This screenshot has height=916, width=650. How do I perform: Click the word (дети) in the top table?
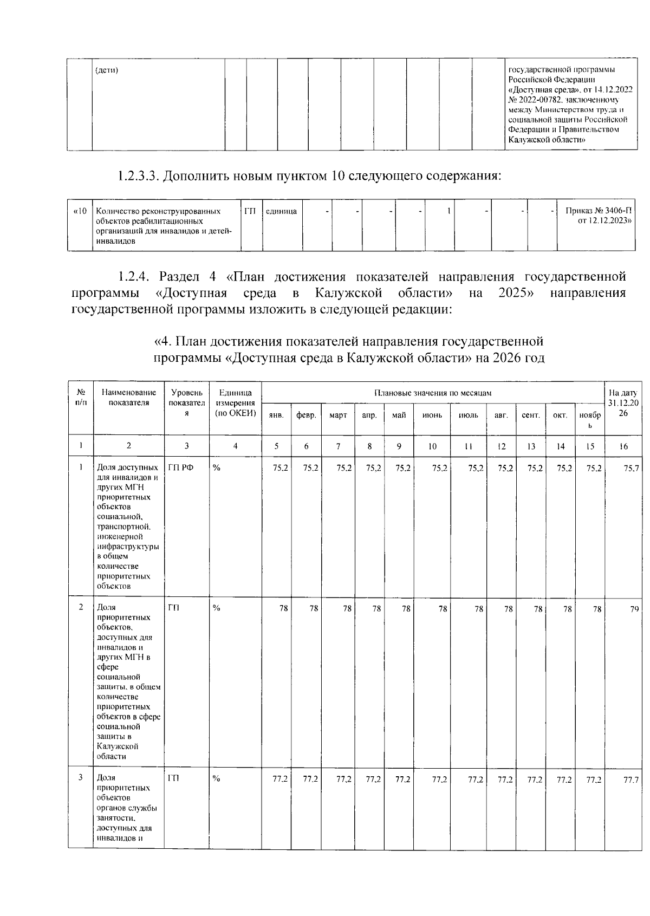pos(107,70)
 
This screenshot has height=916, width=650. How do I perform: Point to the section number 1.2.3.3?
pos(138,176)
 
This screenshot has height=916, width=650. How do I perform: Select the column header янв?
pos(276,415)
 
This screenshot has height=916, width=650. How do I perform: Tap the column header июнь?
pos(432,415)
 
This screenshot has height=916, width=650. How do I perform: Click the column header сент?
pos(530,415)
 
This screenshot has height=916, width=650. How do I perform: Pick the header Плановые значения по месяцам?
pos(433,393)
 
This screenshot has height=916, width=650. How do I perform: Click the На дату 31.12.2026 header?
pos(623,403)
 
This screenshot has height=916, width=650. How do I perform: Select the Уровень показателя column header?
pos(186,403)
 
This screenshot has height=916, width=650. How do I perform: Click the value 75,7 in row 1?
pos(630,469)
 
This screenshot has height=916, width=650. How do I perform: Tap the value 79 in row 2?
pos(634,609)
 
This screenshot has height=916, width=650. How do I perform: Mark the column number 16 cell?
pos(623,446)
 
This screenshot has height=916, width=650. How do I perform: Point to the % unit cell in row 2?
pos(217,609)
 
